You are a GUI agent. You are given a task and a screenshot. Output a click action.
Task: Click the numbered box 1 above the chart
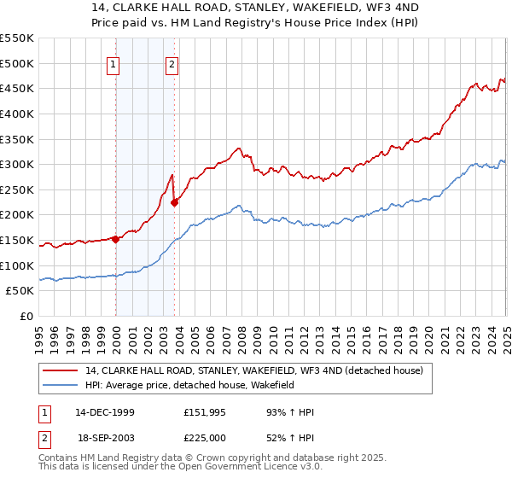pos(113,62)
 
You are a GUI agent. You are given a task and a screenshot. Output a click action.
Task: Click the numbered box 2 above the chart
pos(172,62)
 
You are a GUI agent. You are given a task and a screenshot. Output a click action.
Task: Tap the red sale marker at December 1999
pos(116,239)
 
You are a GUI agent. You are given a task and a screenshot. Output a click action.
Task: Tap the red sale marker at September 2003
pos(174,202)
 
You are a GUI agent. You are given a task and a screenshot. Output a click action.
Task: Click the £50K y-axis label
pos(20,291)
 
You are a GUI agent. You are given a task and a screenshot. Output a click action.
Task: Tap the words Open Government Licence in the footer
pos(247,469)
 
